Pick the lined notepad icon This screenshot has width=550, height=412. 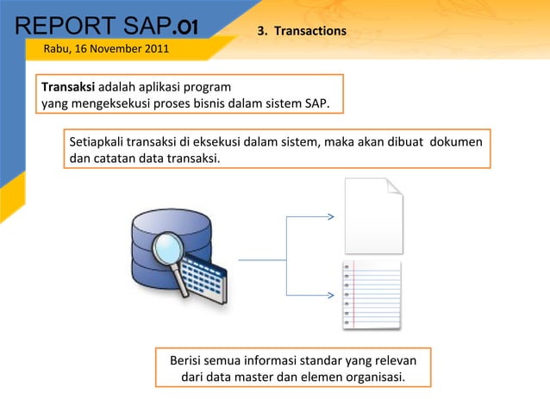point(372,294)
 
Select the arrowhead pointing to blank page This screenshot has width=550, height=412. point(331,216)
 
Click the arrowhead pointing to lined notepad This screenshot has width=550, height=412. point(331,296)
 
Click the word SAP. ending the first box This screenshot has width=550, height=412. point(316,104)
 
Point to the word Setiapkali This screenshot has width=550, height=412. point(96,142)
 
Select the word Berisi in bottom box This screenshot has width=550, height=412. point(187,360)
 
